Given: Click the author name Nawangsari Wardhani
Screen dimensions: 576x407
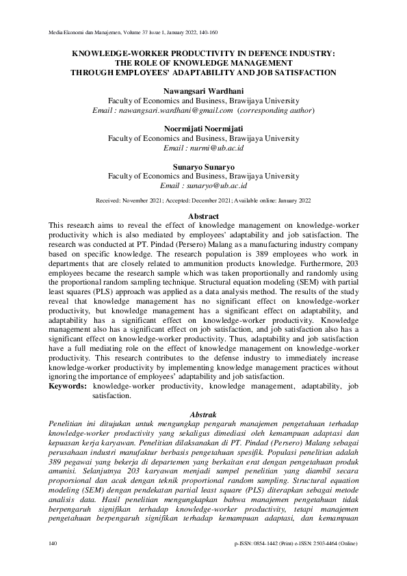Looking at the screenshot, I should point(203,90).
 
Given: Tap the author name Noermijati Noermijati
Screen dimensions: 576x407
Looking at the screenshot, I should point(203,129).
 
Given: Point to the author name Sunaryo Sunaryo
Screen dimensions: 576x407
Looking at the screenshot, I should point(203,166).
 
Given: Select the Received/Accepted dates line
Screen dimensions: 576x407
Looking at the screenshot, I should point(203,200).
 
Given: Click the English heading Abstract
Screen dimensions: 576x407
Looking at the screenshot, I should point(203,216).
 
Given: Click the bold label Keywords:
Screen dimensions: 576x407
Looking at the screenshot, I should point(68,387).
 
